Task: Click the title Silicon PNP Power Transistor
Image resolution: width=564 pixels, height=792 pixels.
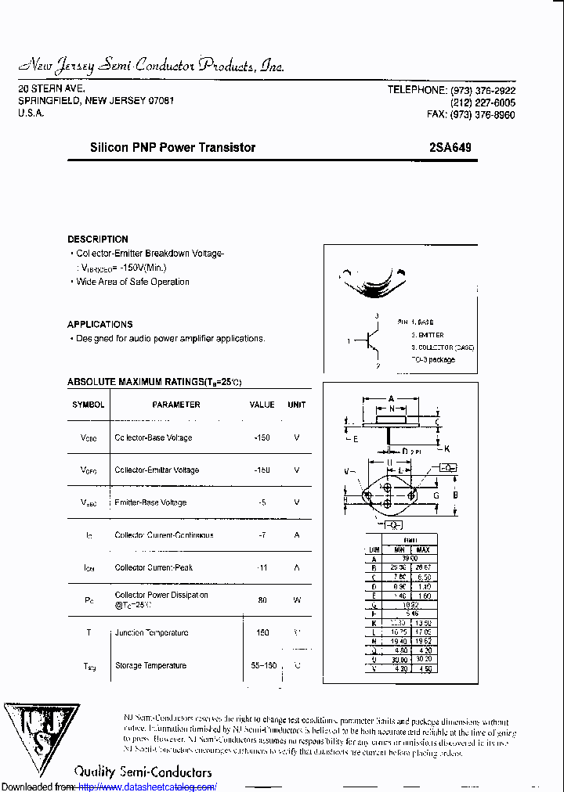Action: coord(172,147)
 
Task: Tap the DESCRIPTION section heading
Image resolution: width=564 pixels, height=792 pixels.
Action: coord(98,239)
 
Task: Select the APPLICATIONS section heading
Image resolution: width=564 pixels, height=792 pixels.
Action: coord(100,324)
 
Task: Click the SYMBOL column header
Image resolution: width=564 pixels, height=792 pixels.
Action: coord(88,405)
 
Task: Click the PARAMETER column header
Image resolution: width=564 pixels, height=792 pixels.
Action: coord(176,405)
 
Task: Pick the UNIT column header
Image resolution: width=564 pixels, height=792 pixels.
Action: coord(297,405)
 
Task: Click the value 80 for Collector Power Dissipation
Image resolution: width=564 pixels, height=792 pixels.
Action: coord(262,600)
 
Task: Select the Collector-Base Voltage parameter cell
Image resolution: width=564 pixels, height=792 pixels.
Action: coord(154,437)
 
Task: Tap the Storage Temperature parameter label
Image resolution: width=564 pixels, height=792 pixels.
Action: coord(150,665)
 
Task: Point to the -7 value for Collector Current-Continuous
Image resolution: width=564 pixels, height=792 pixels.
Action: coord(262,535)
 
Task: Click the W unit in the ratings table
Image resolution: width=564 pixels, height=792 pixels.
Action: coord(297,600)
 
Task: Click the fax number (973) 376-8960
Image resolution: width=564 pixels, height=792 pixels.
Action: coord(483,114)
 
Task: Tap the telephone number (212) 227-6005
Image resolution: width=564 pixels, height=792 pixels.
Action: coord(483,103)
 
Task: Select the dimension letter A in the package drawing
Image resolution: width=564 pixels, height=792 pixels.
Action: coord(390,398)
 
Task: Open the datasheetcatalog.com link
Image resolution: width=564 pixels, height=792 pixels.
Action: coord(148,787)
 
